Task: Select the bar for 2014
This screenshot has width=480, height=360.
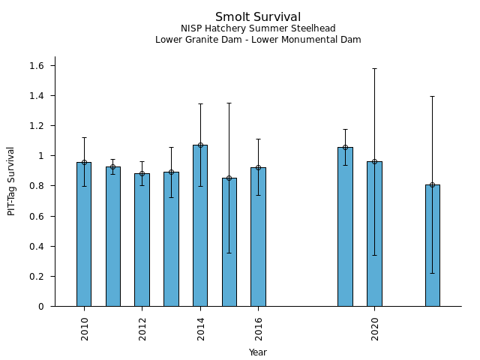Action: [x=200, y=225]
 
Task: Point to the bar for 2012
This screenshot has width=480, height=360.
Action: [x=142, y=239]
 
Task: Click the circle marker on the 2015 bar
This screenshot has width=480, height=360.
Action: [x=229, y=178]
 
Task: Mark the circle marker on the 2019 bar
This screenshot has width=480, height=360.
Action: [x=345, y=147]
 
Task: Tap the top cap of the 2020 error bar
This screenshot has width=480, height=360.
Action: [x=374, y=68]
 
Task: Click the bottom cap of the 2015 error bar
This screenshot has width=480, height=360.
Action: [x=229, y=253]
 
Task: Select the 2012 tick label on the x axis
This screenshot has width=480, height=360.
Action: [x=142, y=329]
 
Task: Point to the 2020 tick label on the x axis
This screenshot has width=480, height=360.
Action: [x=375, y=329]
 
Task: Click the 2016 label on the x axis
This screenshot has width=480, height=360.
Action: [x=259, y=329]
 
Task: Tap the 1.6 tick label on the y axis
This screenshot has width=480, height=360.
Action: [x=37, y=66]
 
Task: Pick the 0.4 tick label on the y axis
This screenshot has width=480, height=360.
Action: [x=37, y=246]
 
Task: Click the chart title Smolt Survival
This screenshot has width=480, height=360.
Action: [x=258, y=16]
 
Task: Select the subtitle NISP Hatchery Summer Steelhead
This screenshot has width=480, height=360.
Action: [x=258, y=28]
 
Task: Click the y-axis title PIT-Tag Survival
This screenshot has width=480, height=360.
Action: [x=11, y=181]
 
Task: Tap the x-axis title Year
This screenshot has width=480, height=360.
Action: [x=258, y=352]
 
